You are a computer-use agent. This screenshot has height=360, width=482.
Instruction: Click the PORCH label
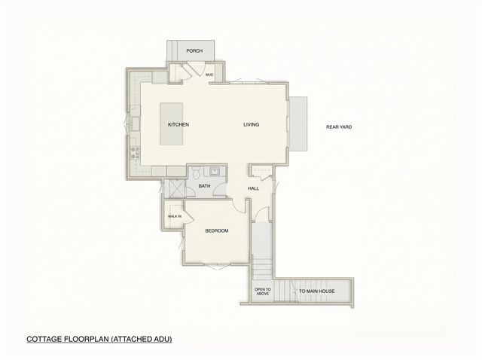[194, 51]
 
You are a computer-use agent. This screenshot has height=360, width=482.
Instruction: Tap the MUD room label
[209, 75]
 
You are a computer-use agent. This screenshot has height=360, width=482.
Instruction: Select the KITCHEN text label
[178, 124]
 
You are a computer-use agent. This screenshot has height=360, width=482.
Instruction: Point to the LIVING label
[251, 124]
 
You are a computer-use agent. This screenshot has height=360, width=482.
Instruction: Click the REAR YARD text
[339, 127]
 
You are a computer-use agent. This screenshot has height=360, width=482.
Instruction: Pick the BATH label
[204, 186]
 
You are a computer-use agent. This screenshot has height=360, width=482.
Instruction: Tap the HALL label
[253, 188]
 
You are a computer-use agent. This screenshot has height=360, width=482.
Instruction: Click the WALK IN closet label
[174, 217]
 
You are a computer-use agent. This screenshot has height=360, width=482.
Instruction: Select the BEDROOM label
[216, 230]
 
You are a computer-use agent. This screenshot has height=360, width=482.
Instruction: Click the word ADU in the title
[161, 340]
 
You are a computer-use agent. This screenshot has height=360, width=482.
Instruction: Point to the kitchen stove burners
[136, 154]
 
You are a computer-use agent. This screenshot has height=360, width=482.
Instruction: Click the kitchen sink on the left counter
[135, 121]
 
